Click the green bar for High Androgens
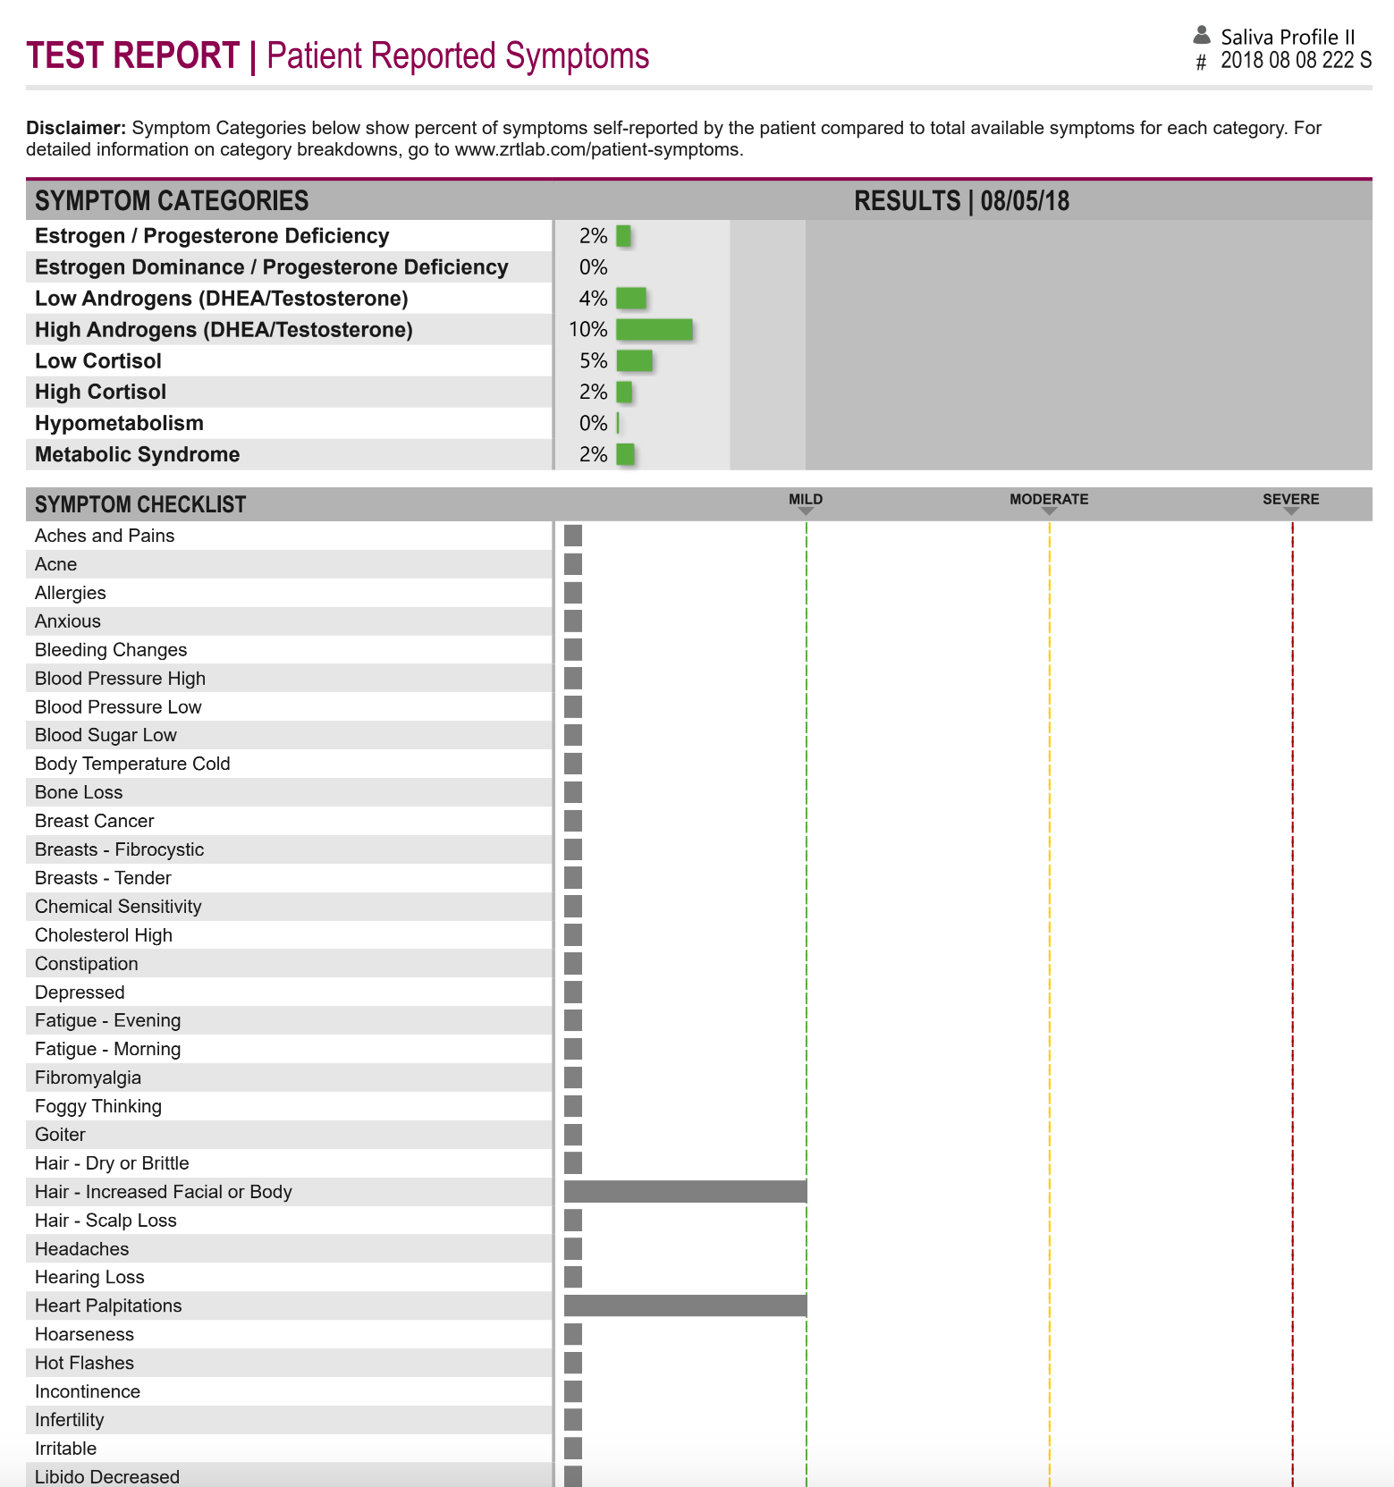point(654,330)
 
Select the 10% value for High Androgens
point(587,330)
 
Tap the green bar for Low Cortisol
point(634,361)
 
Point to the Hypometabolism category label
point(119,424)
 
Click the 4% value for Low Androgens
point(593,299)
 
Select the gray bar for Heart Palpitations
point(685,1305)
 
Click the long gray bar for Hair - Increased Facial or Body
point(685,1191)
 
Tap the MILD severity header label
point(805,500)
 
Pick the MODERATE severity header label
point(1049,500)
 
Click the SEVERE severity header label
point(1290,500)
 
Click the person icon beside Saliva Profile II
point(1202,36)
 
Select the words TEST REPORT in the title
point(133,55)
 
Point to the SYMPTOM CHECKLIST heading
point(140,505)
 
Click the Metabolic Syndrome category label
point(137,455)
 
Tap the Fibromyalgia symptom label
point(88,1077)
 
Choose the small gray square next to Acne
point(573,564)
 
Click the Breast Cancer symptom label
point(94,821)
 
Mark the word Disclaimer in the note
point(75,128)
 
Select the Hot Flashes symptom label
point(84,1363)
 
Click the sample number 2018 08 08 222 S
point(1296,61)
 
